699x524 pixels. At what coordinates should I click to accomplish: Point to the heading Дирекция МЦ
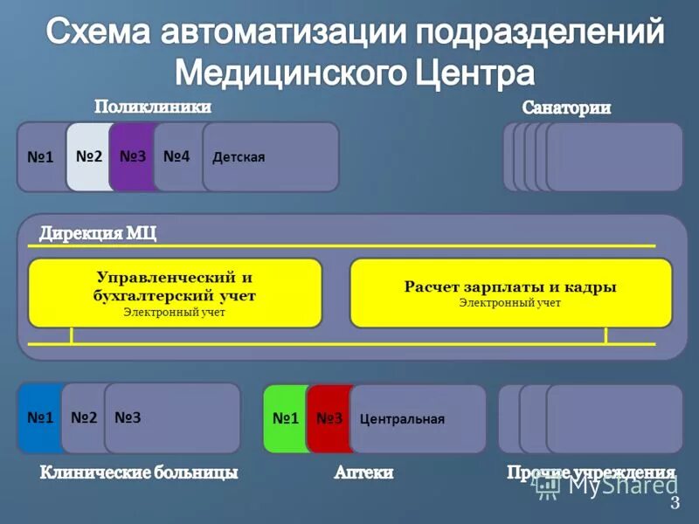[97, 233]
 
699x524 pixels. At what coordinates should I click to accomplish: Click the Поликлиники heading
[153, 107]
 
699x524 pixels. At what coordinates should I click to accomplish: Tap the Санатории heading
[566, 108]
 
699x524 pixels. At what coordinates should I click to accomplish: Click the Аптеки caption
[363, 472]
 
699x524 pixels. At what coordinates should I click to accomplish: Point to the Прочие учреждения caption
[591, 472]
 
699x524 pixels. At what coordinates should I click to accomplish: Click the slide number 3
[675, 503]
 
